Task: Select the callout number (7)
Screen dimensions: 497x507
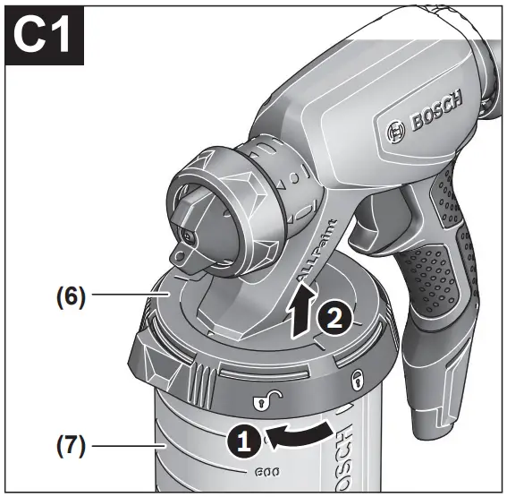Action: pos(68,442)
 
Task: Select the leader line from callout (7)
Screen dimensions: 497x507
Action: pos(126,442)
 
